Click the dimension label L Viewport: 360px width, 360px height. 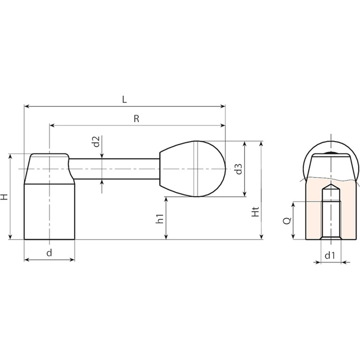pos(124,100)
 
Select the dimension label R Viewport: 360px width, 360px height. pos(136,119)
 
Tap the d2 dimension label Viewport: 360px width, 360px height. pos(96,142)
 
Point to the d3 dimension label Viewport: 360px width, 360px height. pos(239,169)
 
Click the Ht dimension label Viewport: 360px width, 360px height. pos(255,211)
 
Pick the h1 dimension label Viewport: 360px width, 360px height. pos(159,218)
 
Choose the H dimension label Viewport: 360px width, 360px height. pos(4,197)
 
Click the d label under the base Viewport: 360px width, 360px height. pos(49,253)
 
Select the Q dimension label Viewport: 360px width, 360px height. pos(287,220)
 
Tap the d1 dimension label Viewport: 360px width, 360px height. pos(330,255)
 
